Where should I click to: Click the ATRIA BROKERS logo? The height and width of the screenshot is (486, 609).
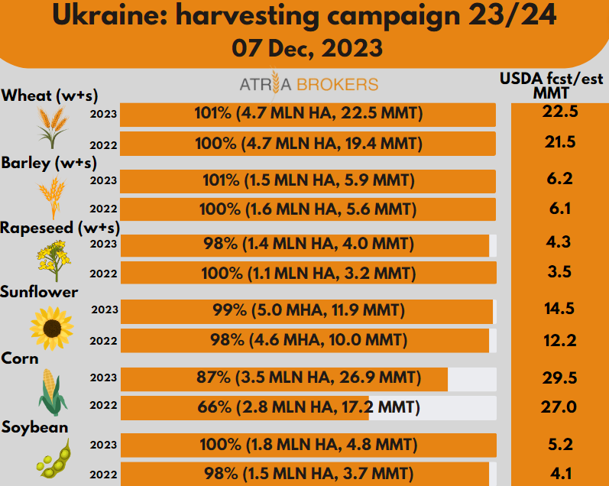click(x=308, y=84)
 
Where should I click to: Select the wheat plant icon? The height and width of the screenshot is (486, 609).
click(x=52, y=127)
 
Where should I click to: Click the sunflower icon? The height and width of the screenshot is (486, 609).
click(x=51, y=325)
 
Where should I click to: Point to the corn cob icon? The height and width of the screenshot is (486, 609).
click(x=52, y=391)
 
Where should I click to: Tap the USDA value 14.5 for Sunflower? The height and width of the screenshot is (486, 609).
click(x=558, y=310)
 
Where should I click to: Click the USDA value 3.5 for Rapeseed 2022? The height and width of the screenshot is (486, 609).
click(x=558, y=273)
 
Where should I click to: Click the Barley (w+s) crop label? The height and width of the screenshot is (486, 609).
click(x=49, y=163)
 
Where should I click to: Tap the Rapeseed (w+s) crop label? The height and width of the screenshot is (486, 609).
click(x=60, y=227)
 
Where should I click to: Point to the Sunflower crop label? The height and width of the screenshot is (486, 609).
click(x=40, y=292)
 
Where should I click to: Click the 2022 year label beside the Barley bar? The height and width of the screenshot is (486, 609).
click(x=103, y=209)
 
